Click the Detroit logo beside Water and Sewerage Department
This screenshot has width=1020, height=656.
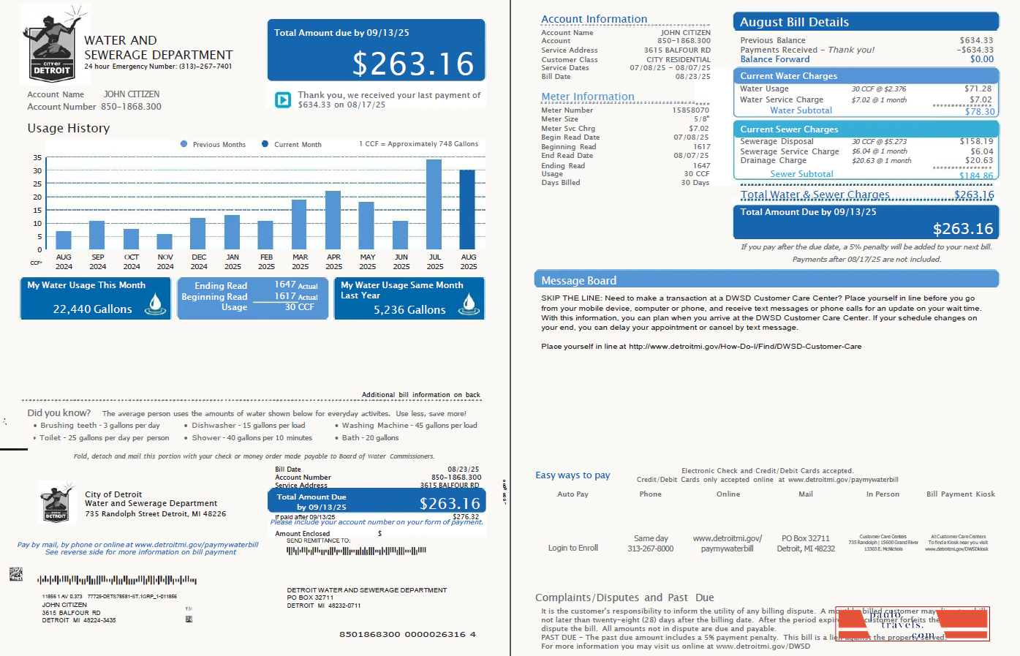(53, 45)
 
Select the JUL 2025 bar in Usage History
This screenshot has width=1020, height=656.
(434, 205)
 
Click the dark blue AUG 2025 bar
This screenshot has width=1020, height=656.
(467, 210)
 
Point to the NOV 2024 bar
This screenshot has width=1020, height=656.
(165, 242)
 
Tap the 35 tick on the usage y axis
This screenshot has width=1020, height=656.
(37, 157)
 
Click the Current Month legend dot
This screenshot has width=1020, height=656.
(266, 144)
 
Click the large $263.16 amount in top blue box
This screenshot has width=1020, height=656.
(413, 64)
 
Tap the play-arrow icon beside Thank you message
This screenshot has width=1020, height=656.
(283, 100)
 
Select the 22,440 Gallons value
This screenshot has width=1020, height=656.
(92, 309)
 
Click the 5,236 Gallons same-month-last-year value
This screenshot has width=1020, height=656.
(409, 310)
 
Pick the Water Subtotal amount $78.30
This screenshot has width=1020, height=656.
(979, 111)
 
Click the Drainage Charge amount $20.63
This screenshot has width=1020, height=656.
(978, 160)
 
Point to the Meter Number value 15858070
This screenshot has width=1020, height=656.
(690, 110)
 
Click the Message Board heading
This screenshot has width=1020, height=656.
(578, 281)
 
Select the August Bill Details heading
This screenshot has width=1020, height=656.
(794, 23)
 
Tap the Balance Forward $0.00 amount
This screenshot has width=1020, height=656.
(981, 59)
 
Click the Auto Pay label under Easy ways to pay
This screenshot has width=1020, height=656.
(573, 494)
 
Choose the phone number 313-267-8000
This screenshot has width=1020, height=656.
(650, 548)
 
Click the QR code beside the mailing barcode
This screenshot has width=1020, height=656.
(15, 574)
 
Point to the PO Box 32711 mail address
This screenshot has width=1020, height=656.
(806, 538)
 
